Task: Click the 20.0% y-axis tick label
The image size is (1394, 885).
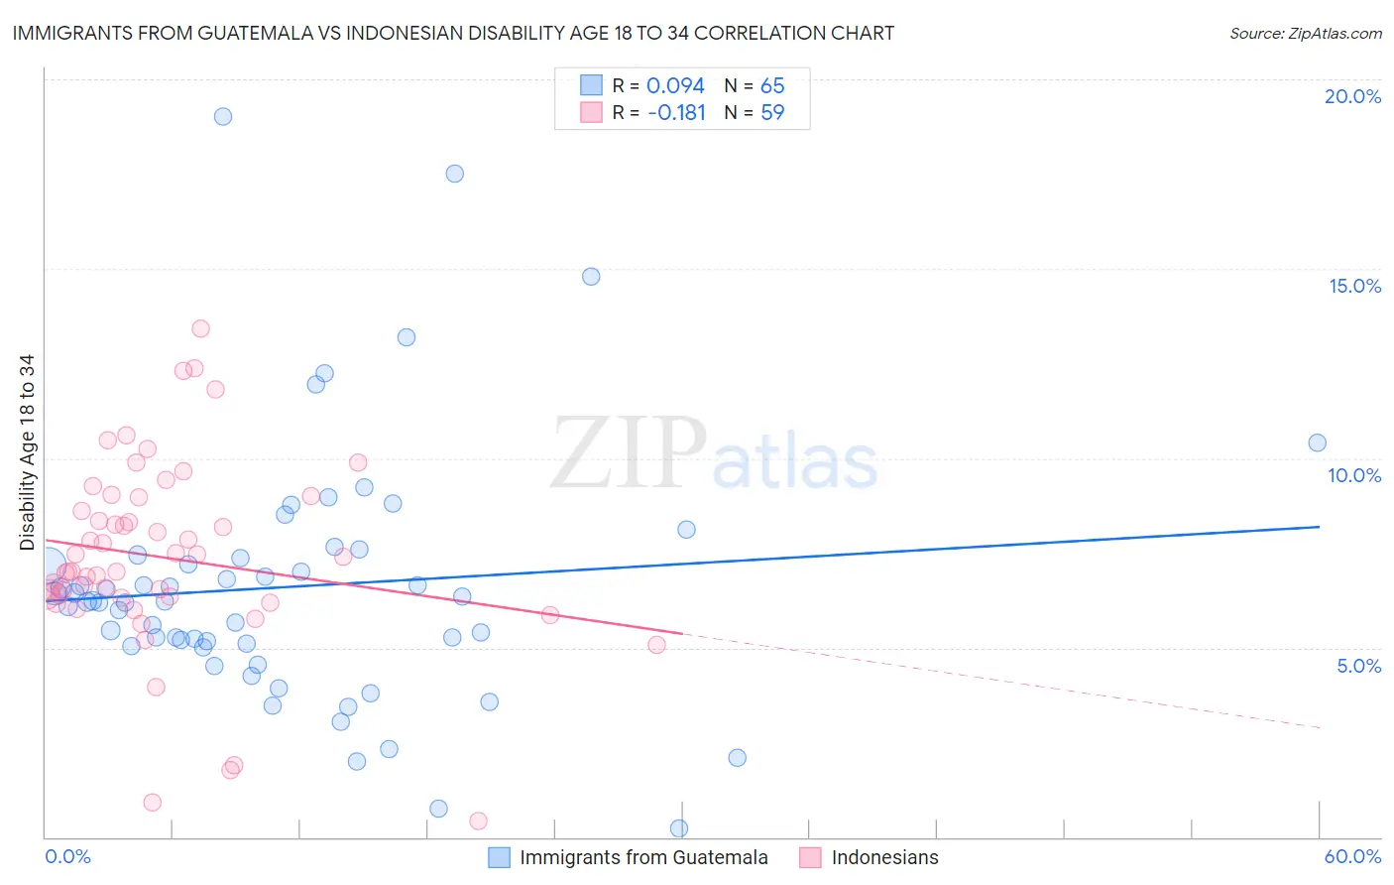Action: [x=1352, y=96]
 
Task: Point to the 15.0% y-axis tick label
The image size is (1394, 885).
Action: [x=1354, y=286]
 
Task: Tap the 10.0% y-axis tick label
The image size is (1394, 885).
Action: [x=1354, y=475]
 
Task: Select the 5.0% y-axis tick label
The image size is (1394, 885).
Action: [x=1358, y=666]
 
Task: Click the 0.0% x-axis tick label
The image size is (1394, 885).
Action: [x=67, y=856]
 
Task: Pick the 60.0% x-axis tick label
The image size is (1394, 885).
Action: [x=1352, y=856]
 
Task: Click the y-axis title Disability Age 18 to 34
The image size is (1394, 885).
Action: [x=27, y=452]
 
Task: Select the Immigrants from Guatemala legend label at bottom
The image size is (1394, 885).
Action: [x=643, y=857]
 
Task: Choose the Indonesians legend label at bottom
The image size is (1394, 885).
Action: [x=884, y=857]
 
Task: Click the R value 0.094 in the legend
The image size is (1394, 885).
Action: [x=675, y=86]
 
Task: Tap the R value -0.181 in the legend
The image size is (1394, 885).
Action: [x=676, y=113]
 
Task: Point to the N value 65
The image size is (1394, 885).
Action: [x=772, y=86]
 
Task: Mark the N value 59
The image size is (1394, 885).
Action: [x=772, y=113]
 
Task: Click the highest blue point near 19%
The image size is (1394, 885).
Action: [x=223, y=116]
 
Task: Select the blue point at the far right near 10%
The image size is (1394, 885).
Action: [x=1317, y=442]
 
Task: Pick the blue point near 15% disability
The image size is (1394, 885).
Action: [x=591, y=277]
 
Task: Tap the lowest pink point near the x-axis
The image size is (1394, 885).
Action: [x=478, y=821]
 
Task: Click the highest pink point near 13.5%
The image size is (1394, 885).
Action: [x=200, y=328]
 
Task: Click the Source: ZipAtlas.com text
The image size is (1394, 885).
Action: [x=1305, y=34]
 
